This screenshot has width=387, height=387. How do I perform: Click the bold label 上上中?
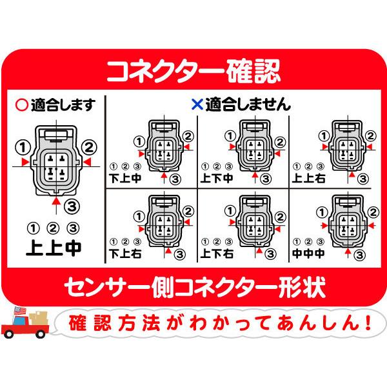pos(54,247)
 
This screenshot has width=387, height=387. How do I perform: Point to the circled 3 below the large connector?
pos(72,204)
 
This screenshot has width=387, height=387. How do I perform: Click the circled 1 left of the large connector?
pos(24,146)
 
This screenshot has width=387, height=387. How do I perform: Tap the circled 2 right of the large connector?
pos(90,146)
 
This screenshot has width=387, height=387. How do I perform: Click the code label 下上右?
pos(124,253)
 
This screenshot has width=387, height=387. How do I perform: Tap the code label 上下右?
pos(217,253)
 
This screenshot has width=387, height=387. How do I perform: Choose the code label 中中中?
pos(308,253)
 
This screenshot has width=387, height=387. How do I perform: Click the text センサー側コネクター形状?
pos(193,285)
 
